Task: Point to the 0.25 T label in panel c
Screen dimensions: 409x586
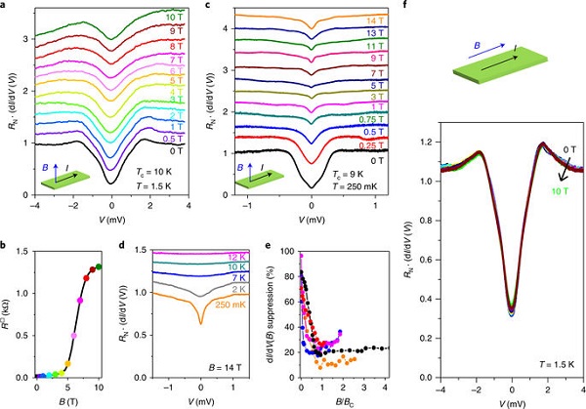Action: coord(373,144)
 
